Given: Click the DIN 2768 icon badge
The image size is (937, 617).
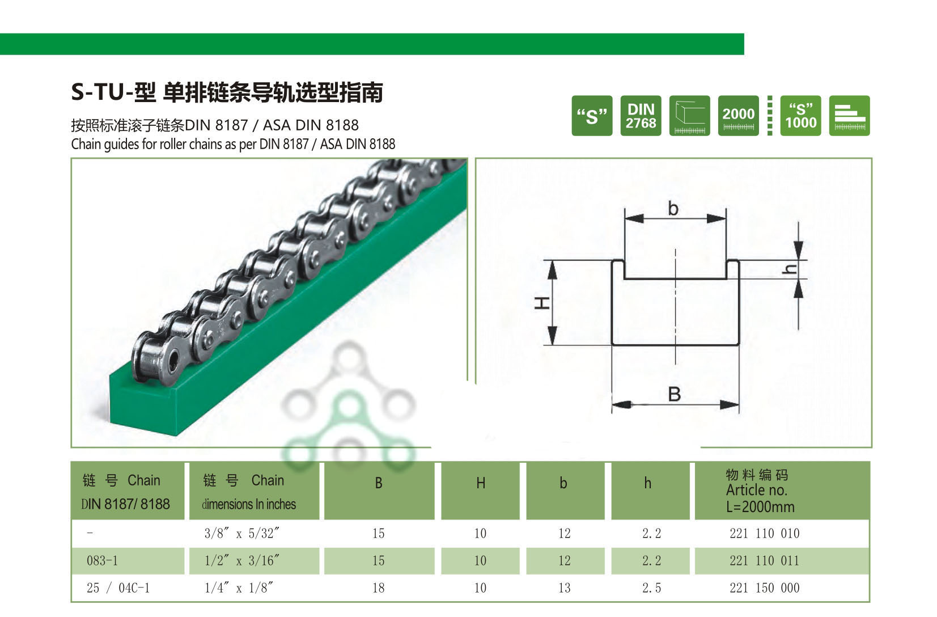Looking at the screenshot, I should tap(641, 116).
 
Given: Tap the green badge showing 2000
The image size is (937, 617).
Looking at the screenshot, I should tap(738, 116).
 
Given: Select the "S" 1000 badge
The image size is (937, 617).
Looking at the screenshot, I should tap(800, 116).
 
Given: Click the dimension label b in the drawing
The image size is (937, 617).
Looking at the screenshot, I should tap(673, 209).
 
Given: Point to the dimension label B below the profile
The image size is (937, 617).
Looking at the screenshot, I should tap(674, 394).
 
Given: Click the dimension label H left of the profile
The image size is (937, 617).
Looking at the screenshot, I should tap(543, 303).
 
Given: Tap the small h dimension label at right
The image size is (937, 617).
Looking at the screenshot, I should tap(790, 269).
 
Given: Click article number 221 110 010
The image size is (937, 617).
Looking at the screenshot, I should tap(764, 534).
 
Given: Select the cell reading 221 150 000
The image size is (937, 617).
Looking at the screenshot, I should tap(764, 588).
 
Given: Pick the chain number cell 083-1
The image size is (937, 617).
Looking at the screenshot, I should tap(103, 561).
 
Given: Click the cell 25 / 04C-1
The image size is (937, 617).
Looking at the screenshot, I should tap(118, 588).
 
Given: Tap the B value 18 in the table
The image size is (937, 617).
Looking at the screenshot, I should tap(379, 588).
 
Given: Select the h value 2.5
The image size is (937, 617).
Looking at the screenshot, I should tap(651, 588).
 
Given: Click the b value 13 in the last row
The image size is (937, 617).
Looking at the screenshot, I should tap(564, 588).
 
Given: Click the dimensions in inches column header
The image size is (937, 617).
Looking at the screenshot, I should tap(249, 492).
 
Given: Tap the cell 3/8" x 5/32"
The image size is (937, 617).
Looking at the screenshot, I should tap(242, 534).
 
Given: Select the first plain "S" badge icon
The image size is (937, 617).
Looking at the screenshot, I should tap(592, 116).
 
